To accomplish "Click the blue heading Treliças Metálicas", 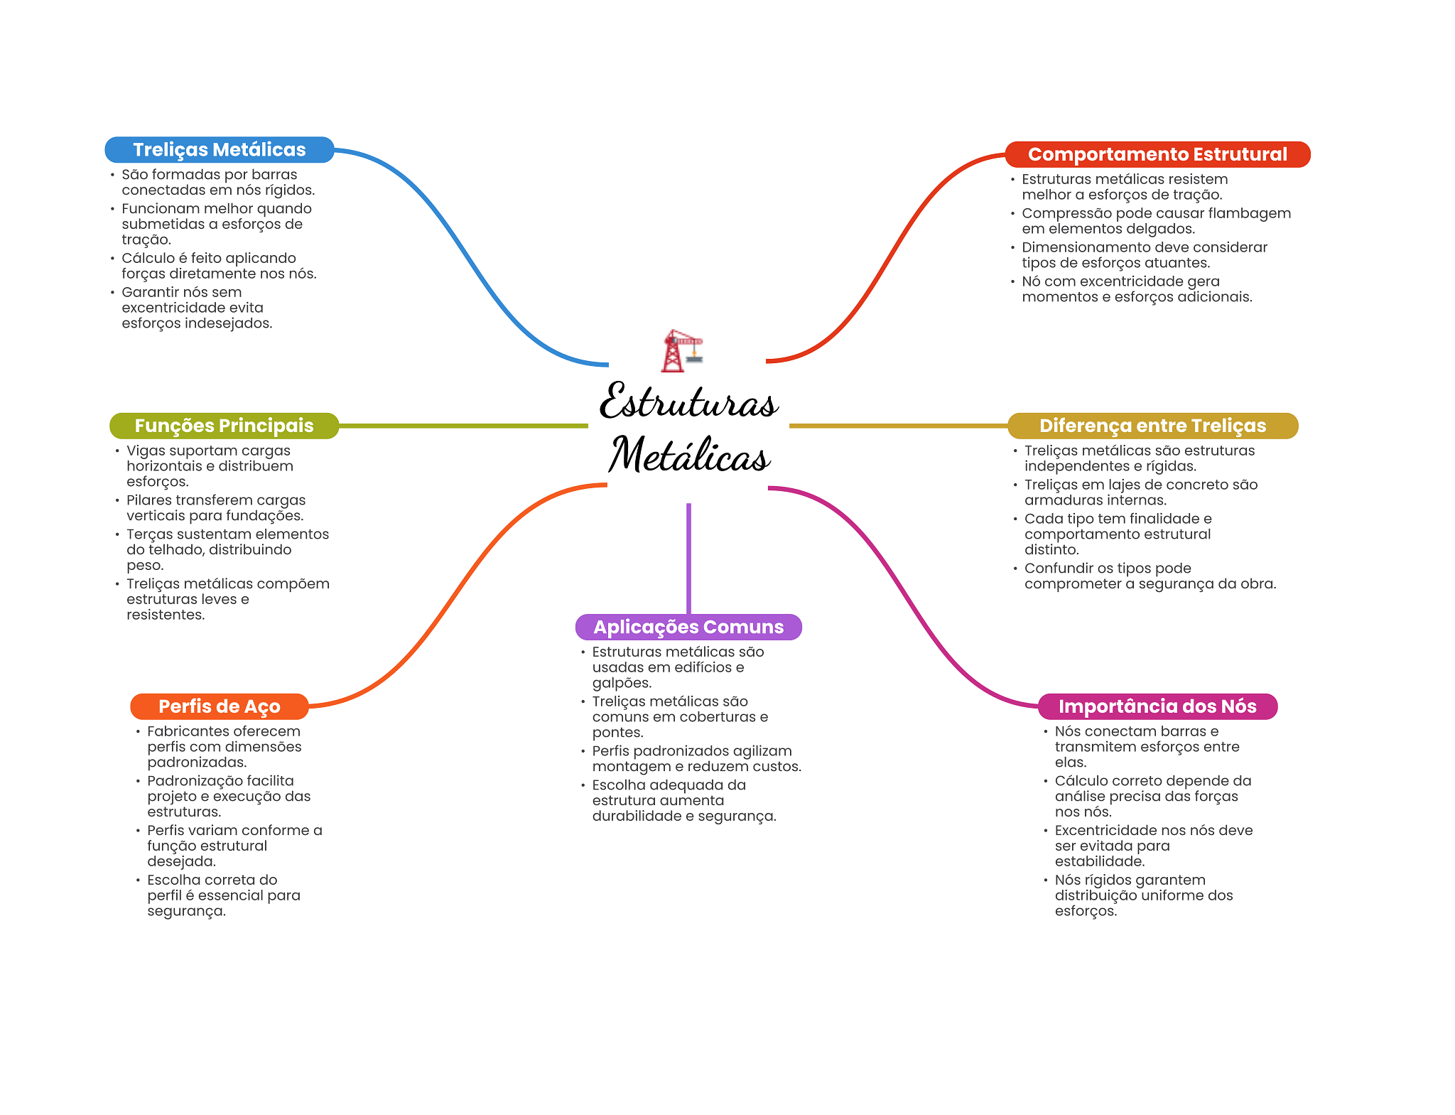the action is pyautogui.click(x=220, y=150).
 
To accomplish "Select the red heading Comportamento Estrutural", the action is pyautogui.click(x=1157, y=154).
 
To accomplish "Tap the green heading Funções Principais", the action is pyautogui.click(x=224, y=426).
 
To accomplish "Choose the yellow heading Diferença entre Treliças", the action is pyautogui.click(x=1152, y=426).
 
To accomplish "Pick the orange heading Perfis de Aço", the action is pyautogui.click(x=220, y=706).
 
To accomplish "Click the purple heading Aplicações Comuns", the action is pyautogui.click(x=688, y=627).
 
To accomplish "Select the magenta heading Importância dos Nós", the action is pyautogui.click(x=1157, y=706).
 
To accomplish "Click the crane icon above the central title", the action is pyautogui.click(x=682, y=350).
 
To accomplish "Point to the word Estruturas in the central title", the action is pyautogui.click(x=688, y=401).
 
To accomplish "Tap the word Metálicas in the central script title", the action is pyautogui.click(x=689, y=455).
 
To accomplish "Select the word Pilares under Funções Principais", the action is pyautogui.click(x=148, y=500).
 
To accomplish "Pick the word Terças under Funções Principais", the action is pyautogui.click(x=149, y=535).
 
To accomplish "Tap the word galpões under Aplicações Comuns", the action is pyautogui.click(x=622, y=684).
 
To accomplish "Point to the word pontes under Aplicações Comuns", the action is pyautogui.click(x=617, y=733).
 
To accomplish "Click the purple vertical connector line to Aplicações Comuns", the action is pyautogui.click(x=688, y=559).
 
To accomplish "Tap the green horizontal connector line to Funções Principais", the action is pyautogui.click(x=463, y=426).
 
